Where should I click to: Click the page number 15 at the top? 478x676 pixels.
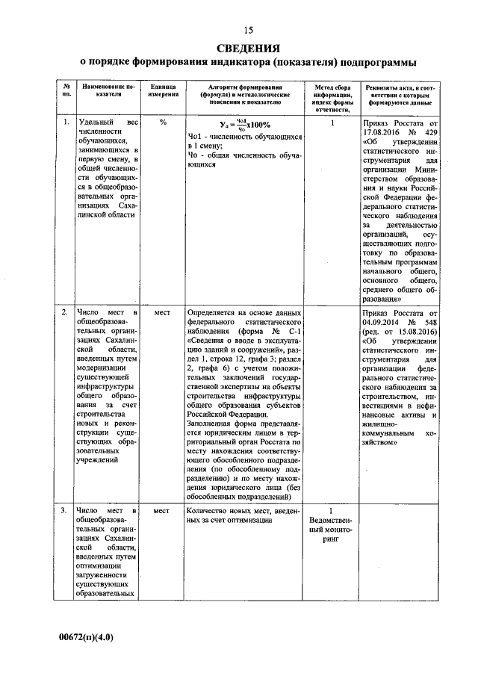click(248, 30)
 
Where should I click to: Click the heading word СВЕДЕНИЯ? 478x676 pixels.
click(248, 47)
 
